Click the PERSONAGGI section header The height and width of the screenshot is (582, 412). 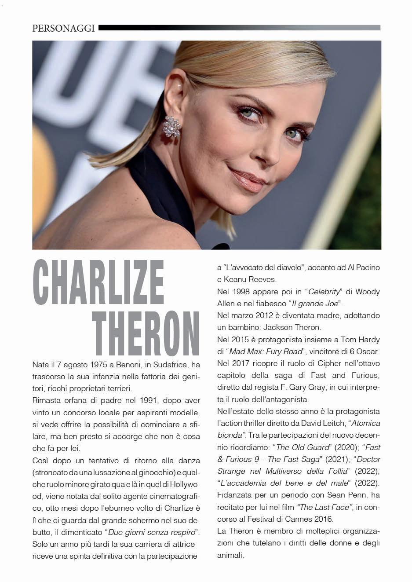[x=64, y=29]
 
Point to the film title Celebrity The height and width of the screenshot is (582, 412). [x=324, y=292]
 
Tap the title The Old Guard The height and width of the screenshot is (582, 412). [x=303, y=447]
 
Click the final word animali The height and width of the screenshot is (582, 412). [x=230, y=555]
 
